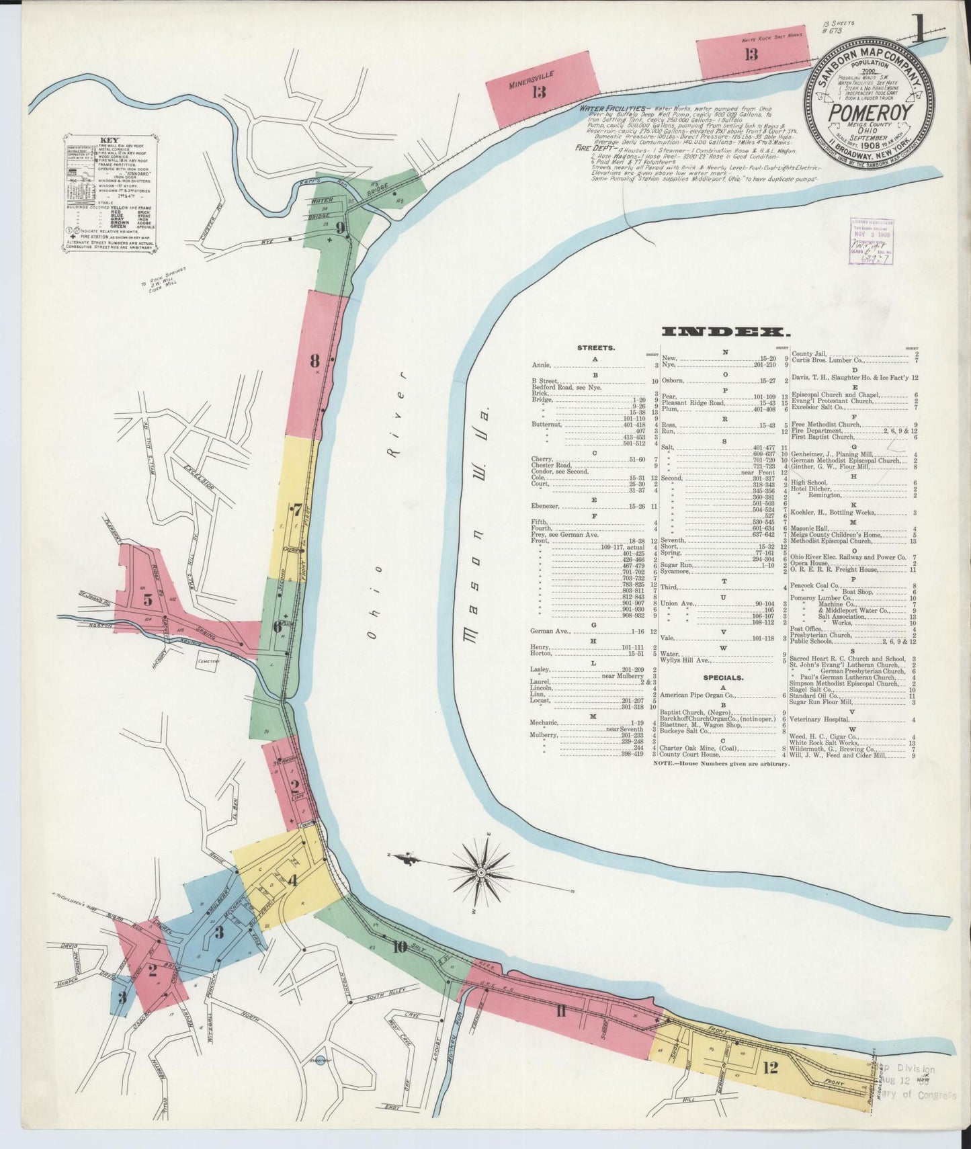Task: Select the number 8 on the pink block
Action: coord(314,361)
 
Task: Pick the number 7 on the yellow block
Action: coord(296,509)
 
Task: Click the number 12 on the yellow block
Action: coord(770,1066)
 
